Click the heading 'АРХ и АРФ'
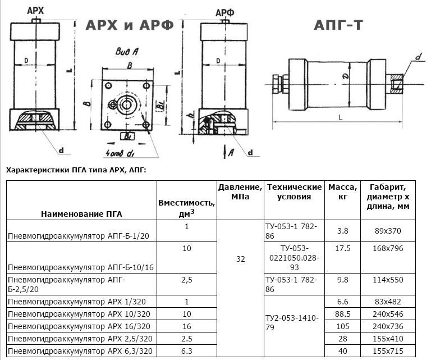point(130,25)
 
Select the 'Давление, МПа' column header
point(240,192)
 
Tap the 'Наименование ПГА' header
point(81,213)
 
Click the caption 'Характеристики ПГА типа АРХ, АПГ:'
point(75,170)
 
